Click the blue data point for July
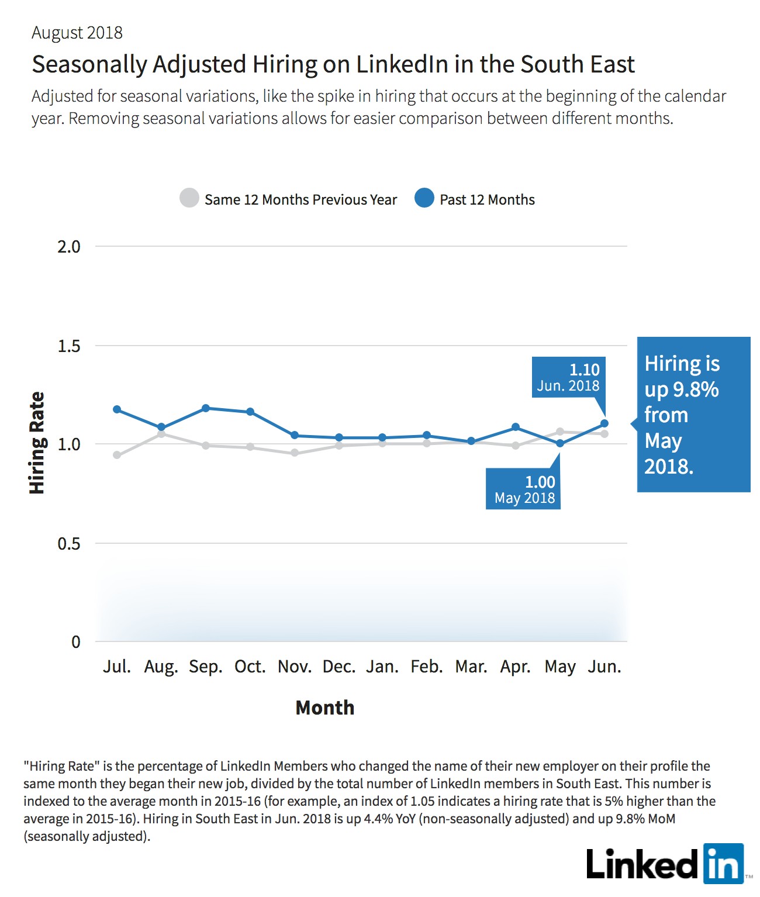pyautogui.click(x=117, y=409)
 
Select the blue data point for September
pyautogui.click(x=206, y=408)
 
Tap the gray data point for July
pyautogui.click(x=117, y=455)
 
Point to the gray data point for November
pyautogui.click(x=295, y=453)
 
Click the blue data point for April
pyautogui.click(x=516, y=427)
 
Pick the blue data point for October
pyautogui.click(x=250, y=412)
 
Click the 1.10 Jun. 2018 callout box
pyautogui.click(x=569, y=377)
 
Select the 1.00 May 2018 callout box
pyautogui.click(x=523, y=489)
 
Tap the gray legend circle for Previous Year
pyautogui.click(x=189, y=198)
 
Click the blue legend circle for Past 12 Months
pyautogui.click(x=424, y=198)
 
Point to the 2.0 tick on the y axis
pyautogui.click(x=69, y=247)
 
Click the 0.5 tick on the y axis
pyautogui.click(x=69, y=543)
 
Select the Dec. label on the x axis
pyautogui.click(x=339, y=667)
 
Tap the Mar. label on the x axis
pyautogui.click(x=471, y=667)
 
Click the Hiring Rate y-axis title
pyautogui.click(x=37, y=443)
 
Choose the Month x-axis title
pyautogui.click(x=325, y=708)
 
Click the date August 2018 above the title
pyautogui.click(x=77, y=33)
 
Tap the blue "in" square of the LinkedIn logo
pyautogui.click(x=724, y=863)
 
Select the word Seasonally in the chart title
pyautogui.click(x=90, y=65)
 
